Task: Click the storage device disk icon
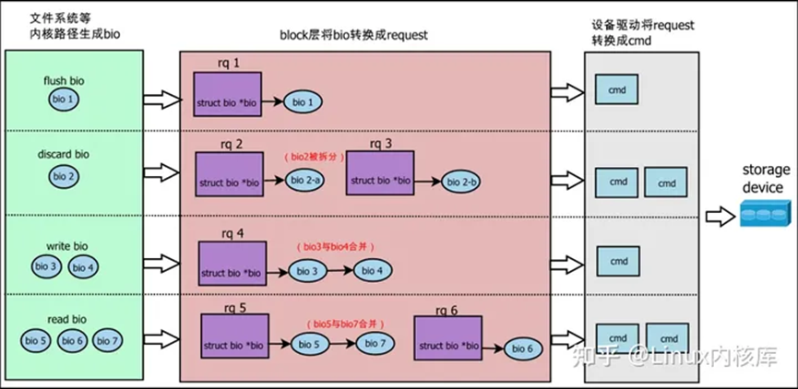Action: click(763, 217)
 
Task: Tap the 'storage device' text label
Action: click(763, 180)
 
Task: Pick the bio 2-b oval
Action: click(462, 183)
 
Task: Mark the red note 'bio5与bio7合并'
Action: click(344, 324)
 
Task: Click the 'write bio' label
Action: click(67, 247)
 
